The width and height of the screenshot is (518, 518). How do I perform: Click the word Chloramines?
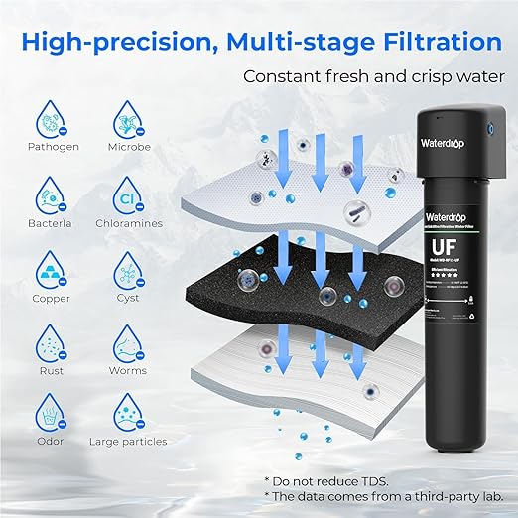click(130, 223)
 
